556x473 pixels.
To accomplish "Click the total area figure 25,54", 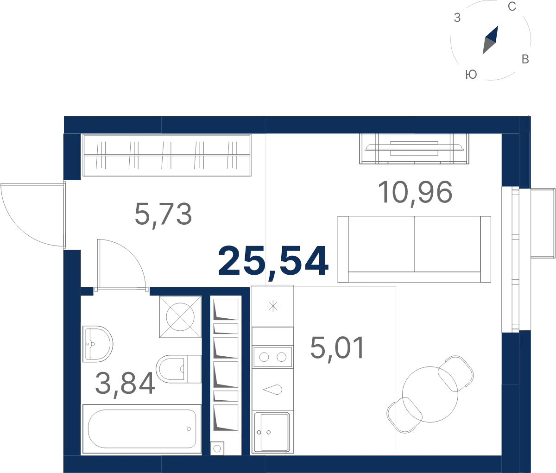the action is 273,262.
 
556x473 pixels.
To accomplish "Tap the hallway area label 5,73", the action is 163,214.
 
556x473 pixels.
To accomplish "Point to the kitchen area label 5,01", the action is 337,348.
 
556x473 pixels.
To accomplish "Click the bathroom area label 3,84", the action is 125,383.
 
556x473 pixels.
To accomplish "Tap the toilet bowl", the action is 178,369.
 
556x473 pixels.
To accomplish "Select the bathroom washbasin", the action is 97,344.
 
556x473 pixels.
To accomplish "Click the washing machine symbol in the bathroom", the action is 180,317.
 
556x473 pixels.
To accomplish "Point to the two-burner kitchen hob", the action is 273,357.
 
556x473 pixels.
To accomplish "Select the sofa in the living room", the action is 414,249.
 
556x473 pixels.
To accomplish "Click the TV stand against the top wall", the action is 414,149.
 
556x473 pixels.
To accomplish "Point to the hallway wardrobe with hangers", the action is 167,155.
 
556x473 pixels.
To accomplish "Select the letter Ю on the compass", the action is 471,75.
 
